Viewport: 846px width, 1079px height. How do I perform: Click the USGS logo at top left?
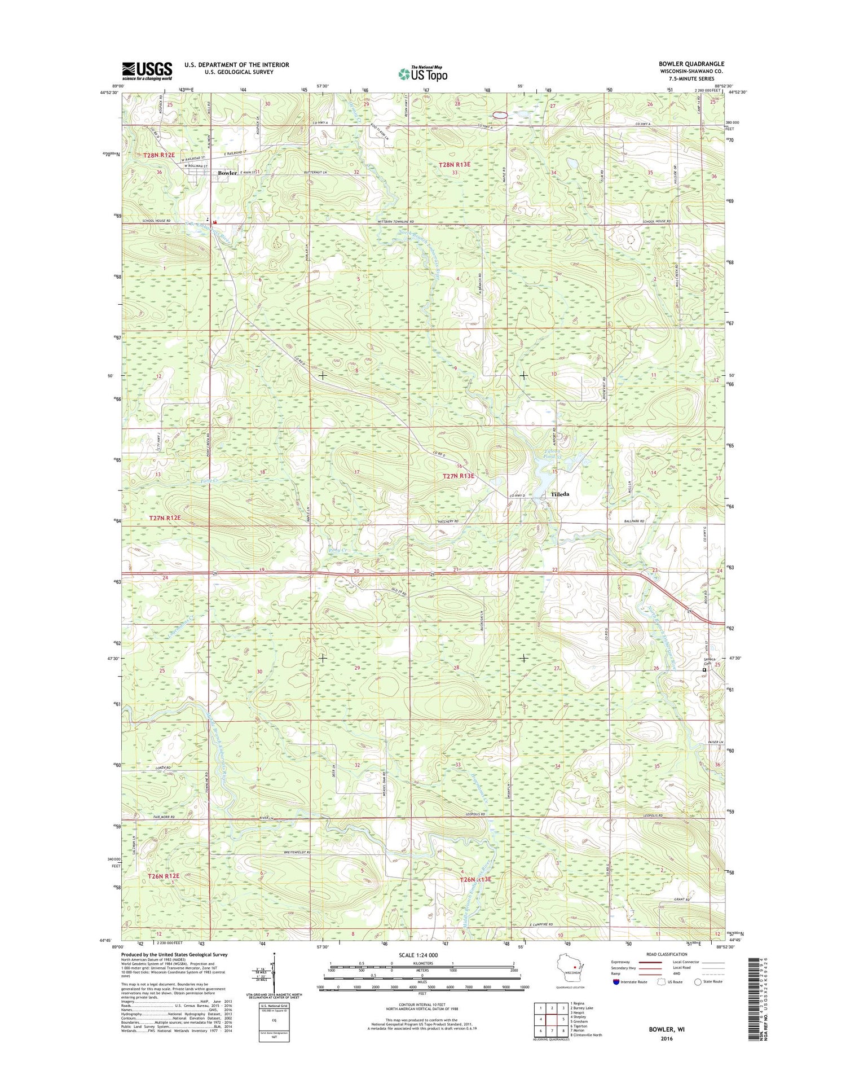point(147,71)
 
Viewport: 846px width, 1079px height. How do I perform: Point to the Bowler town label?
point(224,173)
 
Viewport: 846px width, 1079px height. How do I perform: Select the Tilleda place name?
point(559,494)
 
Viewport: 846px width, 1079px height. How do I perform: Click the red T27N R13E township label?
point(458,476)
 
